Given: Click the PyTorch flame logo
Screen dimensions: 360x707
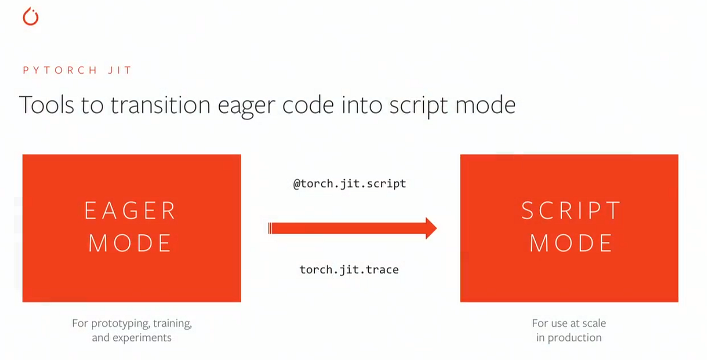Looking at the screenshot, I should [x=30, y=17].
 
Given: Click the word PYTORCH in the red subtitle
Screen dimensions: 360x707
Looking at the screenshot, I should [x=60, y=70].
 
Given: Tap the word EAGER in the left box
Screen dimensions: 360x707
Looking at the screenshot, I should [x=130, y=211].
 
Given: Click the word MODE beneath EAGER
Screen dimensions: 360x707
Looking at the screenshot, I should [x=130, y=244].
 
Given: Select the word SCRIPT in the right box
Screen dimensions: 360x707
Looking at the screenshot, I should [x=571, y=211].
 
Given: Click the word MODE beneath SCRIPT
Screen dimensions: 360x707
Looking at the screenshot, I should [x=571, y=244].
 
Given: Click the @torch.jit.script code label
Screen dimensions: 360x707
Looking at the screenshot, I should [x=349, y=184].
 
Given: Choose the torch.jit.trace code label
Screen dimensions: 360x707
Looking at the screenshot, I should [x=349, y=270].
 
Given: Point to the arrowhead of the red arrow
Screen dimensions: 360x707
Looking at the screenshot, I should [x=430, y=228].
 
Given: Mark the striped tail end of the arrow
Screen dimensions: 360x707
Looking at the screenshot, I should [x=271, y=228].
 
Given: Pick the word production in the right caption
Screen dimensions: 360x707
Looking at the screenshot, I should [x=574, y=338].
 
